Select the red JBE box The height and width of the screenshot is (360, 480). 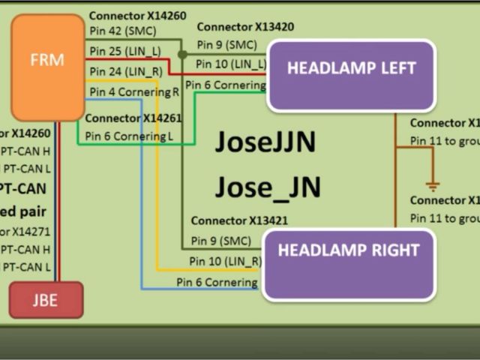[x=46, y=300]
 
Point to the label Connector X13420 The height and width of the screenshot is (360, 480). [x=245, y=27]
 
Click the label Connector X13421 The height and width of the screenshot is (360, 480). [x=239, y=220]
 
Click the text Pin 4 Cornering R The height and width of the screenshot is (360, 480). [x=134, y=91]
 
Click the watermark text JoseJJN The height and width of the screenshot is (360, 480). [x=265, y=142]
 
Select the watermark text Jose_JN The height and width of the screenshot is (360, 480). [x=268, y=185]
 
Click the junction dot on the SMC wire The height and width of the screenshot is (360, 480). [x=182, y=54]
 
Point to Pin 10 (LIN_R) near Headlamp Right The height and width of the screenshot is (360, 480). [x=225, y=260]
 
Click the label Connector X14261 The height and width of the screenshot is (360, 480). [x=133, y=118]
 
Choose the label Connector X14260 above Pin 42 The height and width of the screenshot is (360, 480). [x=137, y=15]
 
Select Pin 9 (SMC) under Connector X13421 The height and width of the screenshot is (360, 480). [x=220, y=240]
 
